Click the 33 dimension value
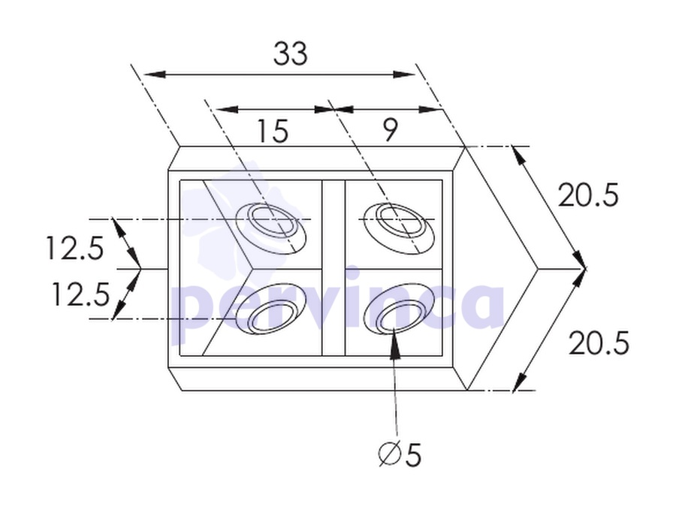click(x=291, y=54)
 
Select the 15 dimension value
click(x=272, y=131)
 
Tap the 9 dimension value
click(x=390, y=129)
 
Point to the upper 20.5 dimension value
click(x=588, y=195)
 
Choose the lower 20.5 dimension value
click(x=599, y=343)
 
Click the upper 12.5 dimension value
click(x=75, y=249)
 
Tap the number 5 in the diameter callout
click(x=413, y=455)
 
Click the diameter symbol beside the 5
click(x=390, y=455)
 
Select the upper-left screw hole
click(x=270, y=228)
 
